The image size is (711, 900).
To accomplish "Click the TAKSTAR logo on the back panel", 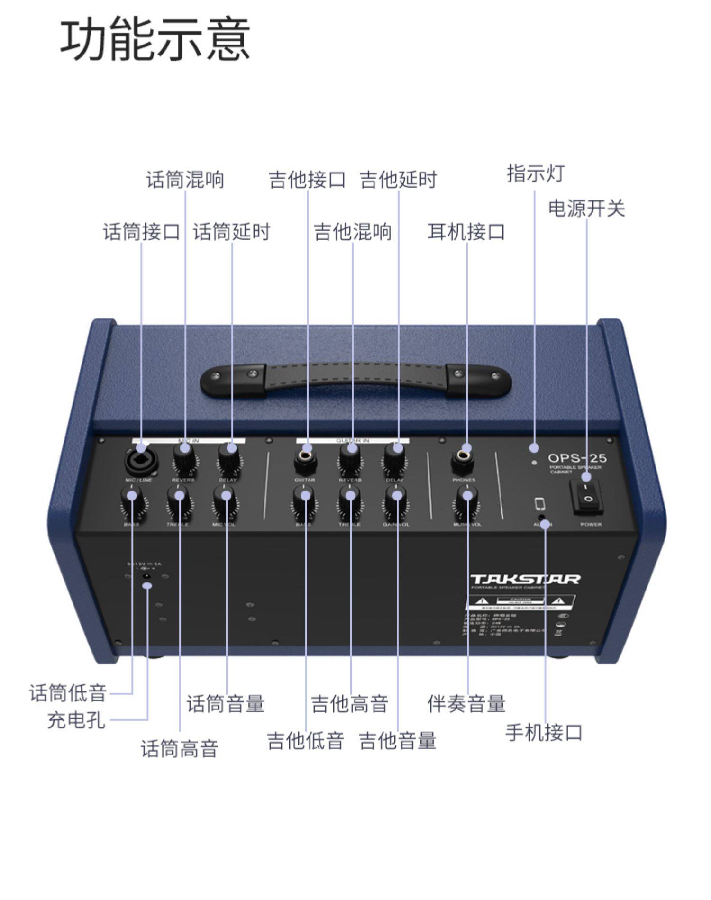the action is pyautogui.click(x=525, y=579).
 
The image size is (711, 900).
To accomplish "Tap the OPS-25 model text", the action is pyautogui.click(x=577, y=458).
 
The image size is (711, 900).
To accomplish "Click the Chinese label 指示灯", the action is pyautogui.click(x=536, y=173).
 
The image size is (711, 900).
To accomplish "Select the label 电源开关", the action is pyautogui.click(x=586, y=209).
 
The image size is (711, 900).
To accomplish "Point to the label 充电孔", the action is pyautogui.click(x=76, y=720).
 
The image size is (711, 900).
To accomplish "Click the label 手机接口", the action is pyautogui.click(x=544, y=732).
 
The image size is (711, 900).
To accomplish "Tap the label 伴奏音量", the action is pyautogui.click(x=466, y=703).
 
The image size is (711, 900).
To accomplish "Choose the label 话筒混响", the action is pyautogui.click(x=185, y=180).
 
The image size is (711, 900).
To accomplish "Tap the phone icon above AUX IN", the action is pyautogui.click(x=539, y=504).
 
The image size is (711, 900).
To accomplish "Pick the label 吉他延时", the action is pyautogui.click(x=398, y=180).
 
